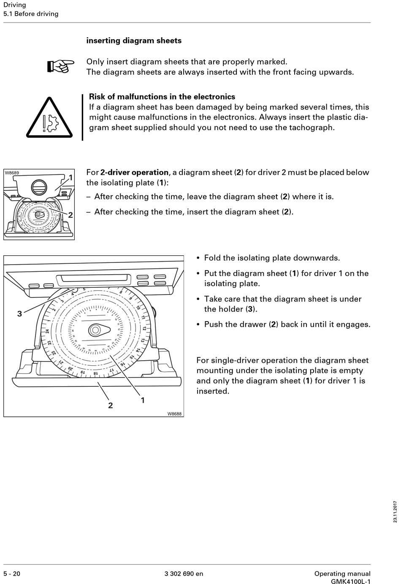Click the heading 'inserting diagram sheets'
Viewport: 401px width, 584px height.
[x=134, y=41]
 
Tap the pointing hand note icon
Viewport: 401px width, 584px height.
[x=60, y=66]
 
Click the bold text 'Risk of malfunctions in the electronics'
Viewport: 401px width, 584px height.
[x=162, y=97]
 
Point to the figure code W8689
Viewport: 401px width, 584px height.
[x=12, y=173]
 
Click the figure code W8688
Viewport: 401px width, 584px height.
[x=174, y=414]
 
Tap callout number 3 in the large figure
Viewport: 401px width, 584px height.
[x=19, y=313]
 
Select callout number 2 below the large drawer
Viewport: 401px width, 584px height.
[x=110, y=405]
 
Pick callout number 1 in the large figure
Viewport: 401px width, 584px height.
[x=143, y=400]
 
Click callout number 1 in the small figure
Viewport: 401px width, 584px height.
[x=70, y=178]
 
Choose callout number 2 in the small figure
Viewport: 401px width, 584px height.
[x=70, y=215]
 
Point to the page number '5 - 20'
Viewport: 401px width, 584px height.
[x=12, y=573]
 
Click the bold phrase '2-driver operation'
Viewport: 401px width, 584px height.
[x=134, y=172]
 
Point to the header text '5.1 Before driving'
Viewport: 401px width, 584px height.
[x=31, y=14]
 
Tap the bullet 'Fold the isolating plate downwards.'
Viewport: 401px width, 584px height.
[x=272, y=258]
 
